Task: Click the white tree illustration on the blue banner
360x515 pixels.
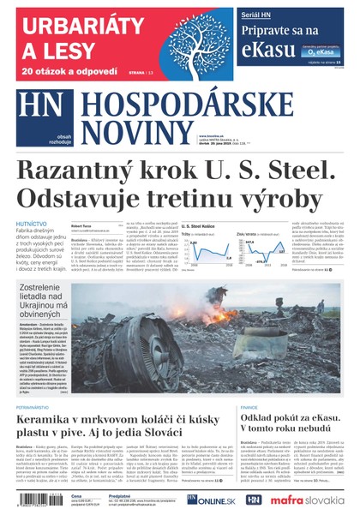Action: point(198,43)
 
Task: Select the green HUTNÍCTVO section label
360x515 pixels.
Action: point(31,224)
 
